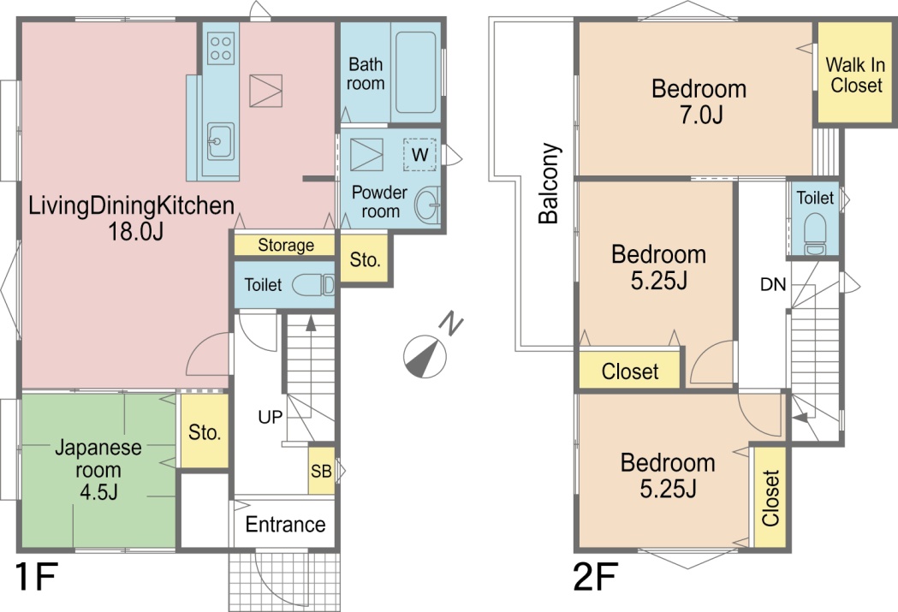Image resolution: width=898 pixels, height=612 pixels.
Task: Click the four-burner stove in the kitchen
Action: pos(221,48)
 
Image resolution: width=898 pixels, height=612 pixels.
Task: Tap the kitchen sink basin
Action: pos(221,141)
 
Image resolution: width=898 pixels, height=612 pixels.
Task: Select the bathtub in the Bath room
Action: pos(416,72)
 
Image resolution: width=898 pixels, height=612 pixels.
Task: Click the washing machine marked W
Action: pos(419,155)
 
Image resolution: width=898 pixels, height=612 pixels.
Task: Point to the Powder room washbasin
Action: pos(427,205)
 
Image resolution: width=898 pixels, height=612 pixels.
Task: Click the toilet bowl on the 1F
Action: pos(313,284)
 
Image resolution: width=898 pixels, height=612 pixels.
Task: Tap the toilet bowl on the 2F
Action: pos(815,235)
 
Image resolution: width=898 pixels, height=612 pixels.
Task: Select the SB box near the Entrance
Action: pos(321,471)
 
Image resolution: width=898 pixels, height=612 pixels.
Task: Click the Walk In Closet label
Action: pos(855,75)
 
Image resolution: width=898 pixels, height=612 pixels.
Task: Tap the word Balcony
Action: pos(549,183)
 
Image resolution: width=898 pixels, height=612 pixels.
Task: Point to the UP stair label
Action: pos(271,417)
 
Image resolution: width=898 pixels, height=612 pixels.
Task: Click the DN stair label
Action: pos(773,284)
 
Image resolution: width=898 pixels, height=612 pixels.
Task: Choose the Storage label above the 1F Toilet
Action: pos(286,245)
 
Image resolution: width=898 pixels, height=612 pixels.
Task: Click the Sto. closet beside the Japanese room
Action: pos(205,431)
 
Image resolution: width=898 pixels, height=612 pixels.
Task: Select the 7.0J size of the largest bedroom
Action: pos(701,115)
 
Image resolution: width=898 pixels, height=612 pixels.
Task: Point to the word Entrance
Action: pos(285,524)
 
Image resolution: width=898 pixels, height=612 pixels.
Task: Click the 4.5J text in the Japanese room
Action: pos(98,491)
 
